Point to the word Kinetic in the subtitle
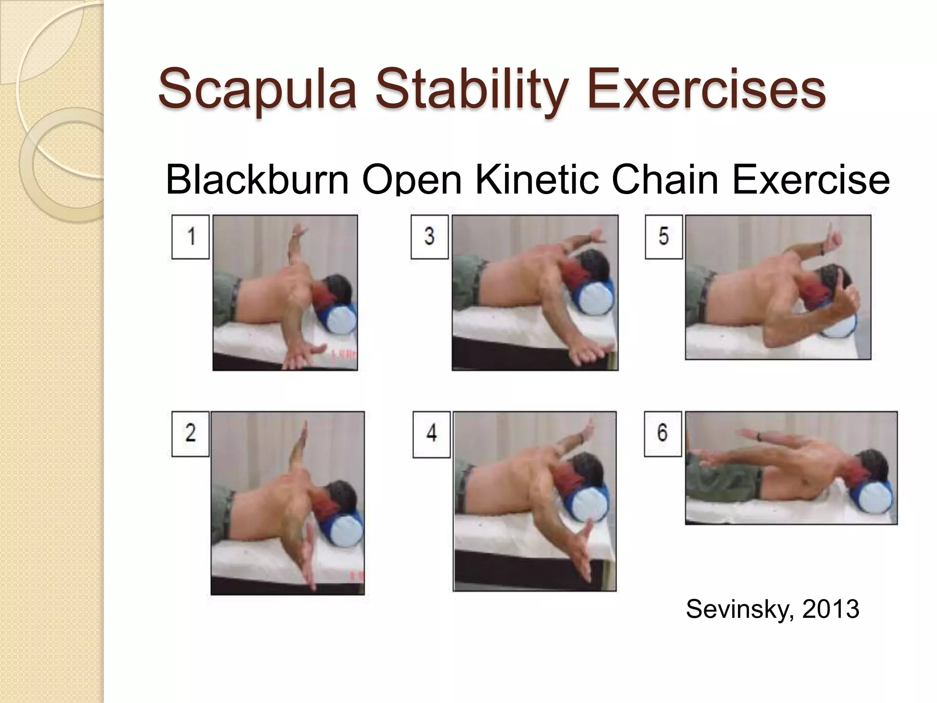click(537, 179)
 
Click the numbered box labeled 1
click(190, 237)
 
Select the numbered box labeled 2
click(190, 433)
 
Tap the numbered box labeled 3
click(429, 237)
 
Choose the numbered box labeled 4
click(431, 434)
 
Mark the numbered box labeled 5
click(663, 237)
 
